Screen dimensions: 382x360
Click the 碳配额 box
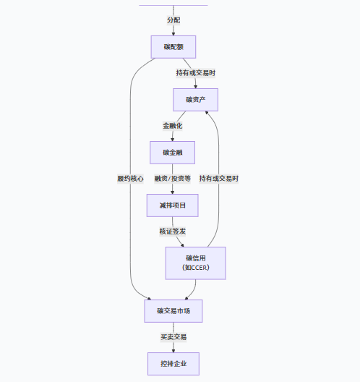tap(173, 47)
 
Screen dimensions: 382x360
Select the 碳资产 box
tap(195, 99)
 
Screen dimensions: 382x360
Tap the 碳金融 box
tap(173, 152)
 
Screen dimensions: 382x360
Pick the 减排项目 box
tap(173, 205)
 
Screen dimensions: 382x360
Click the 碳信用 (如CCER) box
tap(195, 263)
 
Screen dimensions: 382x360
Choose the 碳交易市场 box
tap(173, 311)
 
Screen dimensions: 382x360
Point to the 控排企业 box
tap(173, 363)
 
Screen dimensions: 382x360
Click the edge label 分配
tap(173, 20)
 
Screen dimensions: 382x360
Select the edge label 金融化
tap(173, 126)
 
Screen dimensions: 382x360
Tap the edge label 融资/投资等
tap(173, 179)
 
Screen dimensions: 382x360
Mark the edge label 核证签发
tap(173, 232)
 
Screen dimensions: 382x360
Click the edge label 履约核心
tap(130, 179)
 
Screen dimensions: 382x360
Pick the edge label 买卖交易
tap(173, 337)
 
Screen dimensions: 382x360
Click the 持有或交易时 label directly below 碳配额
tap(195, 73)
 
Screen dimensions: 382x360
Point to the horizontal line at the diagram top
tap(173, 5)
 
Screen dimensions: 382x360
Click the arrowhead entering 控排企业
tap(173, 349)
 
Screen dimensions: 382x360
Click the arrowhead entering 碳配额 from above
tap(173, 33)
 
